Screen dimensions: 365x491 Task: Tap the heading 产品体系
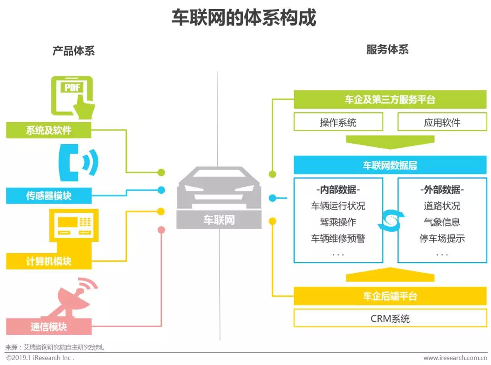(x=74, y=50)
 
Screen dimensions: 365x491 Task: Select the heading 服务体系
(x=387, y=49)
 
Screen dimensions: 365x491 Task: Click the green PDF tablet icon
(x=73, y=96)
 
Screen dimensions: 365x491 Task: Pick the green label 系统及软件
(x=49, y=130)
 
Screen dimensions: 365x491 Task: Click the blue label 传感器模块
(x=49, y=196)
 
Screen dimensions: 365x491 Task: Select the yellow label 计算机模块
(x=49, y=261)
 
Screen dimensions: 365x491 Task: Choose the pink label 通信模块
(x=49, y=327)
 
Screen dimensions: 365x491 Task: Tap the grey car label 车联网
(x=219, y=220)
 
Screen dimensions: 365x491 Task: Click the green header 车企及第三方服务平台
(x=390, y=100)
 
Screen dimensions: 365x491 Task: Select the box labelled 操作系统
(x=338, y=122)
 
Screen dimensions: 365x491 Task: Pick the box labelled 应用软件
(x=442, y=122)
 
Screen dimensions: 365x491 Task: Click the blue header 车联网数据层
(x=390, y=165)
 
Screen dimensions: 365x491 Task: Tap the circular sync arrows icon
(x=391, y=220)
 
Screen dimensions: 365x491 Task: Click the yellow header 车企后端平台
(x=390, y=296)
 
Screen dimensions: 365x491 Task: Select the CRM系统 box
(x=390, y=318)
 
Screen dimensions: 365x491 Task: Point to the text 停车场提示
(x=442, y=238)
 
